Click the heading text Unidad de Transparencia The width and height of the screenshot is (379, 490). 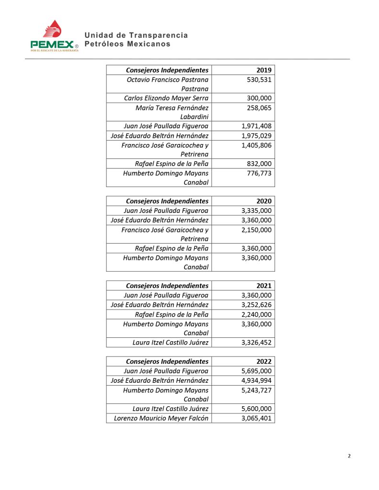(x=136, y=35)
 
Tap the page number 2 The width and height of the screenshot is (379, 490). (x=349, y=456)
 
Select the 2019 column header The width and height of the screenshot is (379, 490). (x=264, y=70)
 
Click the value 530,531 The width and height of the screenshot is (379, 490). (x=259, y=79)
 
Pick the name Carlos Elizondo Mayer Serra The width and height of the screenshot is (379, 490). (x=166, y=98)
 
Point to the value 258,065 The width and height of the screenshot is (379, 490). (x=259, y=108)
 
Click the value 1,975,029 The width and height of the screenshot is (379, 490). (x=256, y=136)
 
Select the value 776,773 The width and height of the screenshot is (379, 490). (x=259, y=173)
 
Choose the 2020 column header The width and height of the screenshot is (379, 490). (x=264, y=201)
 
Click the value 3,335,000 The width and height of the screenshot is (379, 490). (x=256, y=211)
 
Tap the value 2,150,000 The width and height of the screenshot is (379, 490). (x=256, y=230)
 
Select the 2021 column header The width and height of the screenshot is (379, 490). (x=264, y=286)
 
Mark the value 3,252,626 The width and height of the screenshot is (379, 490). (x=256, y=305)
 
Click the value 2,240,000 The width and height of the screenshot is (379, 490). (x=256, y=314)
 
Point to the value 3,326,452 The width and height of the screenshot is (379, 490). (x=256, y=343)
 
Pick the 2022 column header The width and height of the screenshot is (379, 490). (x=264, y=361)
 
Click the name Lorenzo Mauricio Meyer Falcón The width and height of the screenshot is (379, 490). (x=161, y=418)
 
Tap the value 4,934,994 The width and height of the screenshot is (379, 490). (x=256, y=380)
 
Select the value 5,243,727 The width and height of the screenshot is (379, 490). (x=256, y=390)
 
